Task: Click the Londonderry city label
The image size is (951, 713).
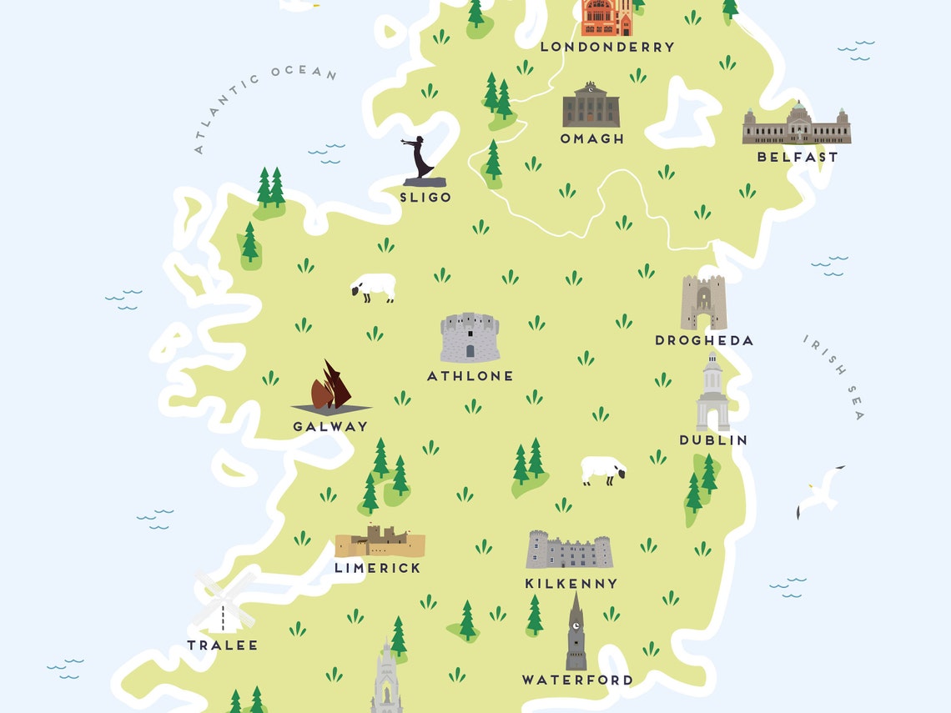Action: (606, 48)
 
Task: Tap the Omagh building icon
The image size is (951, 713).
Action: (591, 105)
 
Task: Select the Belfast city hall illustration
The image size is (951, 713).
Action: (797, 124)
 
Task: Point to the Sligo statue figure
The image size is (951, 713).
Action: (420, 160)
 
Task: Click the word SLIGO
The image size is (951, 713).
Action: (425, 198)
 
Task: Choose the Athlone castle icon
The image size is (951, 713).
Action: (470, 337)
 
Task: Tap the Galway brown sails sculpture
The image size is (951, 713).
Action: (330, 389)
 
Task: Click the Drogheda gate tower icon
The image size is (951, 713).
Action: (703, 302)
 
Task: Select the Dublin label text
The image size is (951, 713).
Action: (712, 440)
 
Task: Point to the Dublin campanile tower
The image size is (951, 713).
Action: (712, 392)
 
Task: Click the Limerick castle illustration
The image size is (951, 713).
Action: (380, 542)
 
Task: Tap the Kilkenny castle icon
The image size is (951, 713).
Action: (569, 550)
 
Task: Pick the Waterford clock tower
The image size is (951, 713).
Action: (576, 634)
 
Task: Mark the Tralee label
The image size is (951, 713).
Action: (222, 645)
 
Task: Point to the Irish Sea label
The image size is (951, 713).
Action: (833, 377)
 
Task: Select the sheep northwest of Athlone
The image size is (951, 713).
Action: (374, 288)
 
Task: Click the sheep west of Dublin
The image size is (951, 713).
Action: (603, 470)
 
